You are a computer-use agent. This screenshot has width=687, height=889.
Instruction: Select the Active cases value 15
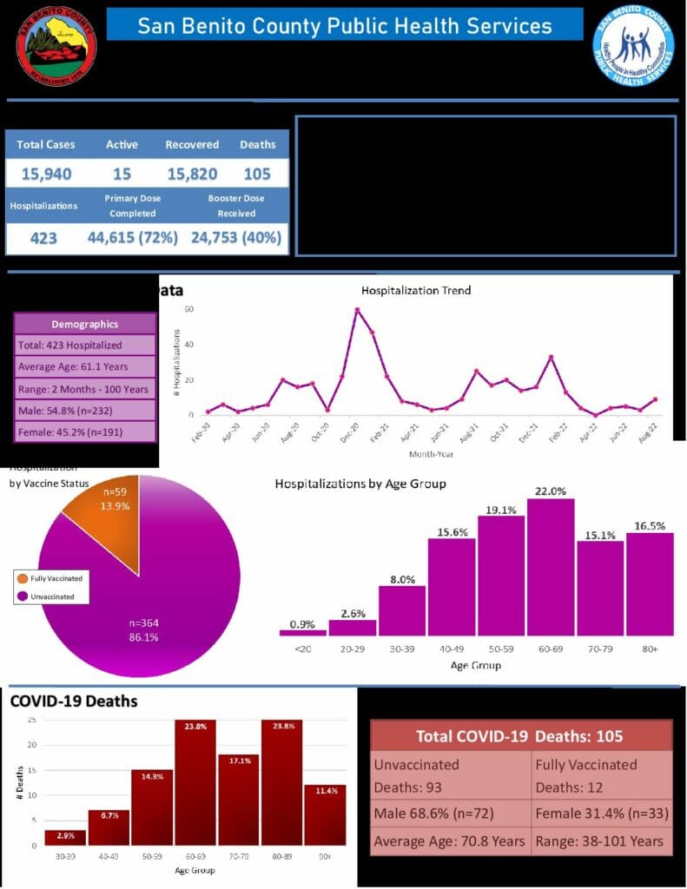(122, 174)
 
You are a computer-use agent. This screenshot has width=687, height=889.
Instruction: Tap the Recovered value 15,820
(192, 174)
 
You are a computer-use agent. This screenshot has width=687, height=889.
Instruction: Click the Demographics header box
(84, 324)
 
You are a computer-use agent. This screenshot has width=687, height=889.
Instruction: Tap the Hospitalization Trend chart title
(416, 290)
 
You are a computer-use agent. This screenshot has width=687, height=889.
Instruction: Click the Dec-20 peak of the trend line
(357, 310)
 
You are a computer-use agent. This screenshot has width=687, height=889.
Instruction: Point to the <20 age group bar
(302, 632)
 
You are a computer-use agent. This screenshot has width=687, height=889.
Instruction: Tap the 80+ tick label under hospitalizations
(650, 648)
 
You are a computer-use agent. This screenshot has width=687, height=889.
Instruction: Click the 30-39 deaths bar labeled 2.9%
(65, 838)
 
